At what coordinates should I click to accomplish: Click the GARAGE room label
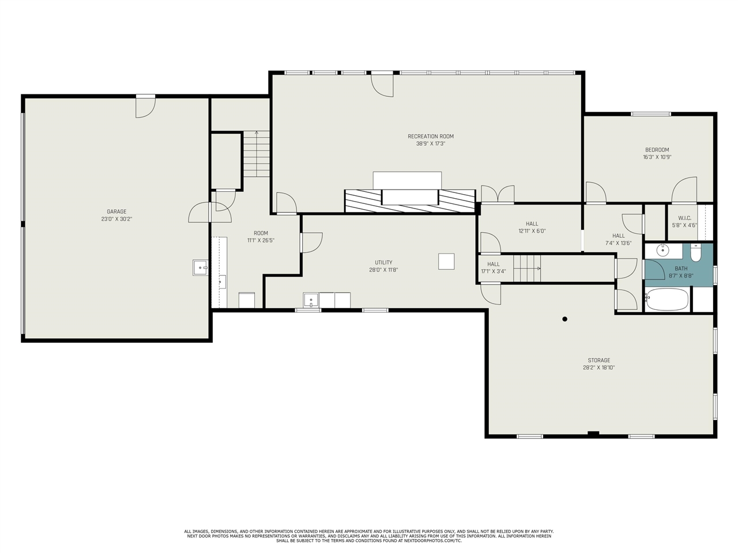click(x=116, y=211)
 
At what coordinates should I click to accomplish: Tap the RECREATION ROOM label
click(x=431, y=137)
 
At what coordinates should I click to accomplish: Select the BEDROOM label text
click(x=657, y=150)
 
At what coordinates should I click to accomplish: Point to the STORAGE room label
click(x=599, y=360)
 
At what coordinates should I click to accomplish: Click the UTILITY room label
click(x=383, y=263)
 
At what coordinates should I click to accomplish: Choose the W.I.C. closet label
click(x=684, y=218)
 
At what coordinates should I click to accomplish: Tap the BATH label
click(x=681, y=268)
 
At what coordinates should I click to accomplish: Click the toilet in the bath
click(x=696, y=252)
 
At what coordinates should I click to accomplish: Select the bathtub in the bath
click(x=667, y=299)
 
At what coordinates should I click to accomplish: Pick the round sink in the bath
click(x=662, y=250)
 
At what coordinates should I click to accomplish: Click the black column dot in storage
click(x=565, y=319)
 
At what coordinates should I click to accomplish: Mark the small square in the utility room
click(x=446, y=262)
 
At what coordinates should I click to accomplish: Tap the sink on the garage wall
click(x=201, y=268)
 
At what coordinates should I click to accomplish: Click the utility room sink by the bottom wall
click(x=311, y=300)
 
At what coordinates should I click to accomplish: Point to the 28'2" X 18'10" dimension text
click(x=599, y=368)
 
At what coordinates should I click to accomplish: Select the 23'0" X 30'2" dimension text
click(x=116, y=219)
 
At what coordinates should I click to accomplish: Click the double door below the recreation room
click(x=498, y=194)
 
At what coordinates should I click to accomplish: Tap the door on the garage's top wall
click(x=146, y=106)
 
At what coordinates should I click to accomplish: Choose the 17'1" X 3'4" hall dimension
click(x=493, y=271)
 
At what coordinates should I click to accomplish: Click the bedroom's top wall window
click(x=651, y=114)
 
